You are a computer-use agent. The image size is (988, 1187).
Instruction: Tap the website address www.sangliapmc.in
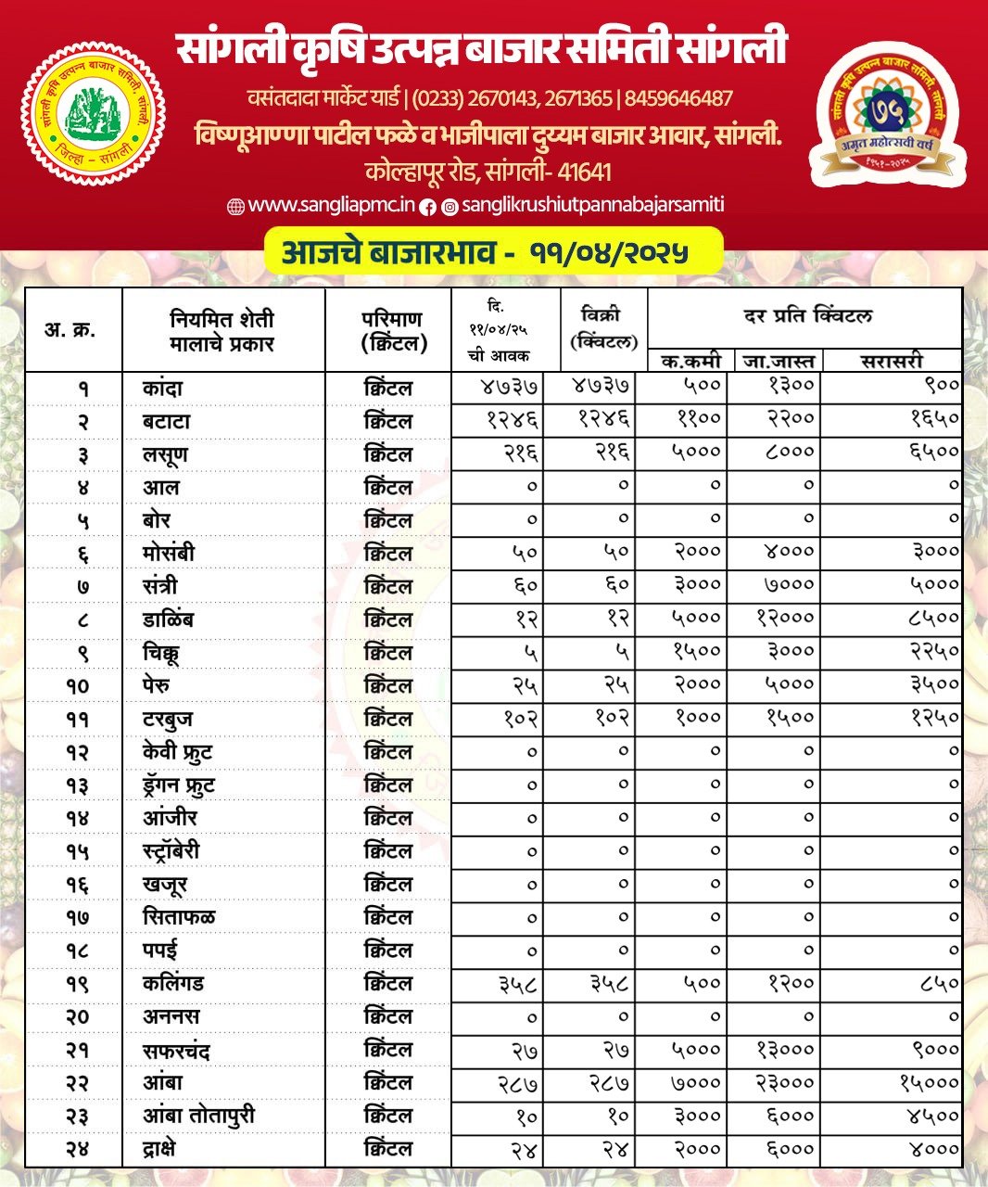coord(321,206)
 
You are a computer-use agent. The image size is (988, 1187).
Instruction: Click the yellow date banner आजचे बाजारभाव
coord(492,252)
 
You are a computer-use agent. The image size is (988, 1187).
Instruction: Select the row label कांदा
coord(163,388)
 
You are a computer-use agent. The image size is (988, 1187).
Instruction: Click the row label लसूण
coord(166,454)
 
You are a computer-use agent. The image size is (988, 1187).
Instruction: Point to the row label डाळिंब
coord(169,619)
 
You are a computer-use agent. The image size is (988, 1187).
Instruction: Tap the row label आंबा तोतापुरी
coord(198,1116)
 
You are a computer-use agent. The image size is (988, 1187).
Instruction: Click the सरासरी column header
coord(892,361)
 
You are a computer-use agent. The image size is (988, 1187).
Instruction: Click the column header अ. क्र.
coord(70,329)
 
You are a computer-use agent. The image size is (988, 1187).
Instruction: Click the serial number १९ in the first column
coord(77,984)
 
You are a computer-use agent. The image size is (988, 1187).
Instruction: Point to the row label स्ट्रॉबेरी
coord(171,851)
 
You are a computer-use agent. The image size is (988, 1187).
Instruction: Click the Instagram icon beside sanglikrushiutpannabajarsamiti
coord(450,207)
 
